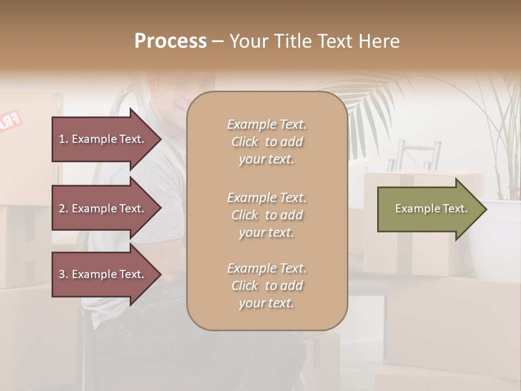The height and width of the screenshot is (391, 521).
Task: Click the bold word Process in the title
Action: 170,41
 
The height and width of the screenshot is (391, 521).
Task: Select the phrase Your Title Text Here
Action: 314,41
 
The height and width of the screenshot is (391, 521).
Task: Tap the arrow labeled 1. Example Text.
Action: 103,139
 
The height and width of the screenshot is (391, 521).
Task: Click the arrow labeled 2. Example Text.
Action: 103,209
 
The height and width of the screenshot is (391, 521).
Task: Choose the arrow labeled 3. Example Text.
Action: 103,274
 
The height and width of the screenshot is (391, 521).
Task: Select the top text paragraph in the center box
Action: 266,142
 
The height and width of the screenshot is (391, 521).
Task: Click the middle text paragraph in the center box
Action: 266,215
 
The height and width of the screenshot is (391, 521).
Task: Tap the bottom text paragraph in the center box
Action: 266,286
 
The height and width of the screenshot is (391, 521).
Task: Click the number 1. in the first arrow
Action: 63,139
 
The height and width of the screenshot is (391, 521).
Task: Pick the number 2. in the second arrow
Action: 63,209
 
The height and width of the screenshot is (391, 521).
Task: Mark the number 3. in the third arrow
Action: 63,274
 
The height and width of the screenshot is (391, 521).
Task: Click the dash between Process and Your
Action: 218,41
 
